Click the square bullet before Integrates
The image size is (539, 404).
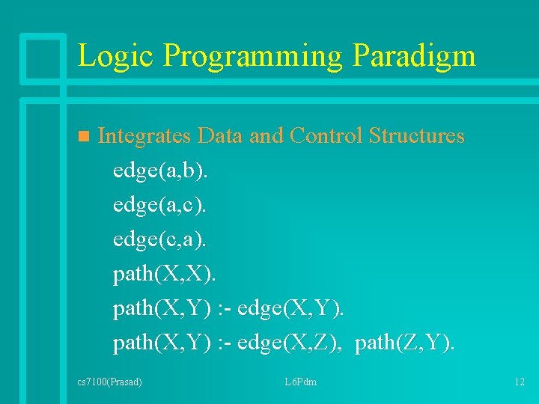(83, 137)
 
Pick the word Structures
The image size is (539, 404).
(416, 136)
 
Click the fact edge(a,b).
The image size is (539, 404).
(161, 171)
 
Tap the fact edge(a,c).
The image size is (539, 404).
(161, 205)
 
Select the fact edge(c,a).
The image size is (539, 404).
(161, 239)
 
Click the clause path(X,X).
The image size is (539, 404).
(164, 274)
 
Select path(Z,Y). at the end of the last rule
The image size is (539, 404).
(405, 343)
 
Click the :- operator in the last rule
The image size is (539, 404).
(224, 343)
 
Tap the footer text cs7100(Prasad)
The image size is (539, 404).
(110, 382)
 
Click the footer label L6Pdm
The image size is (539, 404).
(300, 382)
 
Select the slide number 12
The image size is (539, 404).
(520, 382)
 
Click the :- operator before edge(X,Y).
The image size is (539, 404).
(224, 308)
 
